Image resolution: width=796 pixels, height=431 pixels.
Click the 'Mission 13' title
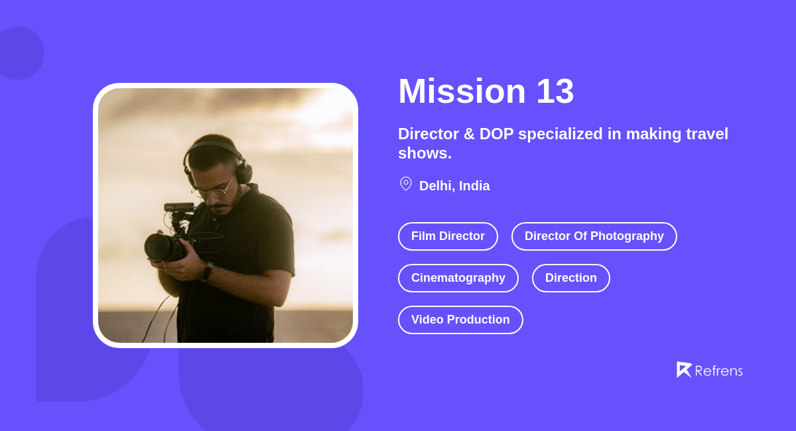[x=486, y=92]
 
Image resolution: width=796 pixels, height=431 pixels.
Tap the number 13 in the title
[x=555, y=92]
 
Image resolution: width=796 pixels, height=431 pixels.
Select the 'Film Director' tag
[x=448, y=236]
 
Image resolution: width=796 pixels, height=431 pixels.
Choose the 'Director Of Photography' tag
[x=594, y=236]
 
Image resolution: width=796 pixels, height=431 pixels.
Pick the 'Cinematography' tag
[x=458, y=278]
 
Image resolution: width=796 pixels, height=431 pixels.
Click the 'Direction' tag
[x=570, y=278]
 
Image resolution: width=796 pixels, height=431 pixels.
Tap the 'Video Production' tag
[x=460, y=320]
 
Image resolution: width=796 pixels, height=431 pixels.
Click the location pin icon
[x=406, y=184]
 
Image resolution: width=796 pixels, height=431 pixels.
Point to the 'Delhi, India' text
[x=454, y=186]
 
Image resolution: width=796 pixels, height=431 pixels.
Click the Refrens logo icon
[x=683, y=369]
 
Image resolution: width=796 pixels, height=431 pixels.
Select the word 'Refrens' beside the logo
[x=718, y=371]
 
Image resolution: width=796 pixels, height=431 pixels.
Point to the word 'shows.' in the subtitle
[x=425, y=153]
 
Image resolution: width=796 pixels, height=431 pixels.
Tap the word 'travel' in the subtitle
[x=707, y=134]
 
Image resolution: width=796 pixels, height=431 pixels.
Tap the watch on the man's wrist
[x=207, y=271]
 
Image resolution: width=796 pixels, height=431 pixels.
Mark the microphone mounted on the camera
[x=178, y=208]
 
